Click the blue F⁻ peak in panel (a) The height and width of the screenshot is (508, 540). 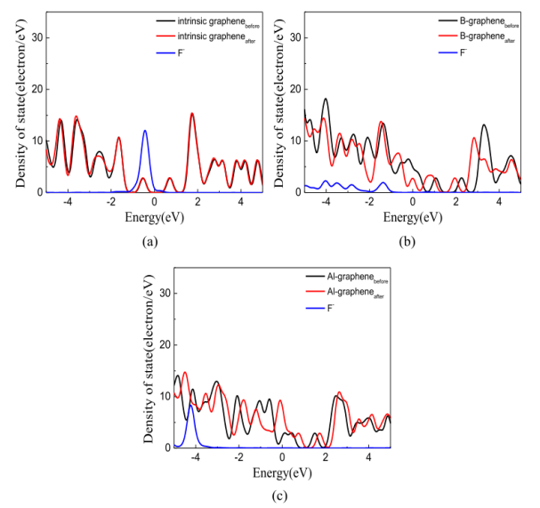click(x=145, y=132)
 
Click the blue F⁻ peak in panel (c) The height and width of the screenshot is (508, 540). click(x=190, y=406)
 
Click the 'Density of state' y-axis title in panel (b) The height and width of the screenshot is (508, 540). click(x=278, y=104)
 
